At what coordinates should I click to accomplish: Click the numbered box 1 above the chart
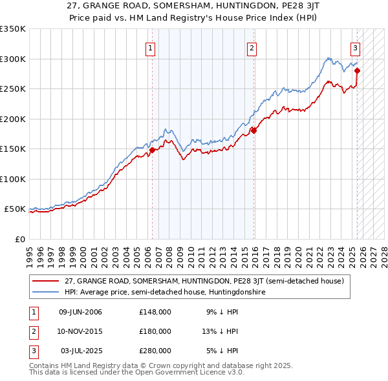(150, 47)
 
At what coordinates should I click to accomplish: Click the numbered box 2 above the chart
(251, 47)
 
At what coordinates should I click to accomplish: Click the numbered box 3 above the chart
(355, 47)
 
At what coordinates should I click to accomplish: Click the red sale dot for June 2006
(152, 150)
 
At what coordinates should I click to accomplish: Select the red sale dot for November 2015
(253, 130)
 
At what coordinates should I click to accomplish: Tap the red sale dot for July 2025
(357, 70)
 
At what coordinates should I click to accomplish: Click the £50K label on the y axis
(15, 209)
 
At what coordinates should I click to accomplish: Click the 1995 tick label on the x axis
(30, 252)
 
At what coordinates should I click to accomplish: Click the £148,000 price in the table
(155, 312)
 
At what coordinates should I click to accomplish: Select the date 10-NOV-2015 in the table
(80, 331)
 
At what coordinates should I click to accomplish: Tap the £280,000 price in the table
(155, 351)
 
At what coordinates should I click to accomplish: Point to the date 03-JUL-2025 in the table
(80, 351)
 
